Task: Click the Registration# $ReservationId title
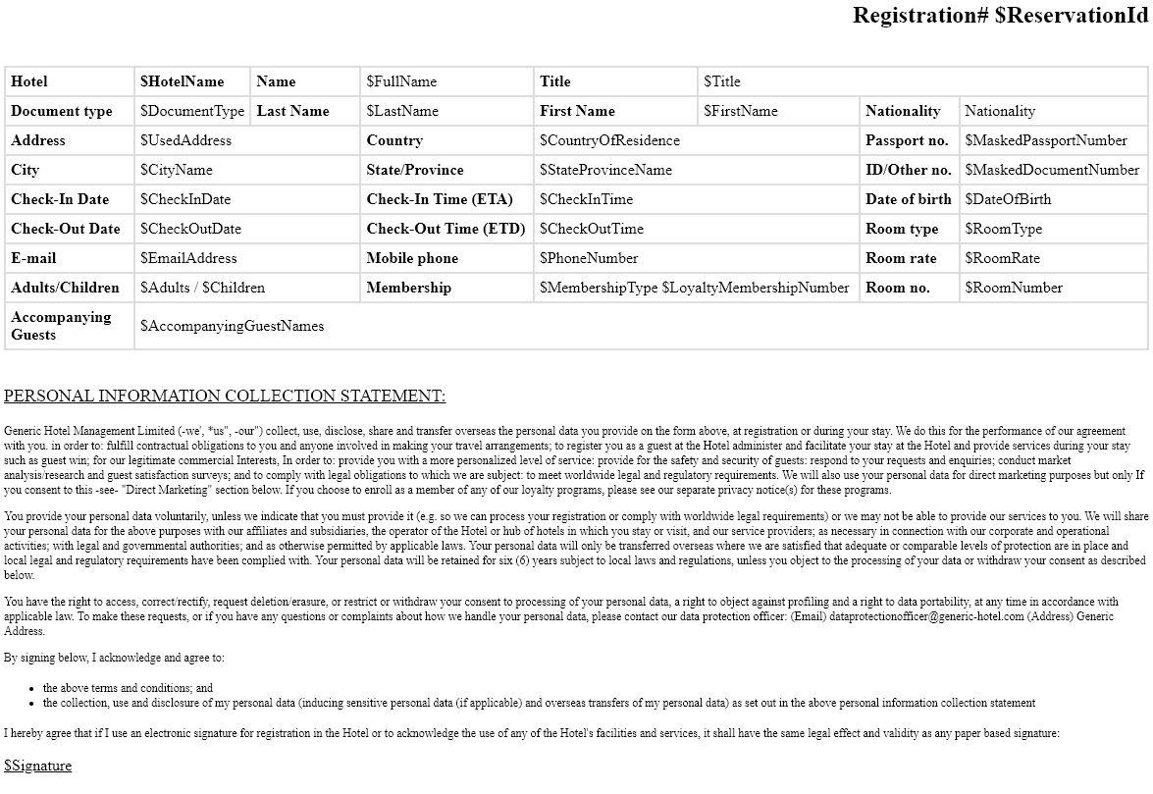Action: pyautogui.click(x=999, y=16)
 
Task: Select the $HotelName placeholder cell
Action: pyautogui.click(x=183, y=81)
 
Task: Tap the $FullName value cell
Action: pyautogui.click(x=401, y=81)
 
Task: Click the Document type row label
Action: pyautogui.click(x=62, y=111)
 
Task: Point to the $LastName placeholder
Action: pyautogui.click(x=402, y=111)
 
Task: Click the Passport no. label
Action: pyautogui.click(x=907, y=140)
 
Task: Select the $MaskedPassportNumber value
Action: pyautogui.click(x=1046, y=140)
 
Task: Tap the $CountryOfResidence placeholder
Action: pyautogui.click(x=609, y=140)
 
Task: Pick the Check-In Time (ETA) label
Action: pyautogui.click(x=440, y=199)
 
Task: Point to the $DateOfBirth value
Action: pyautogui.click(x=1008, y=199)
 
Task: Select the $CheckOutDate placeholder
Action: pyautogui.click(x=190, y=229)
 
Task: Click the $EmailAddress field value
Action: pyautogui.click(x=188, y=258)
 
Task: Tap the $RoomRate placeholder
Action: pyautogui.click(x=1002, y=258)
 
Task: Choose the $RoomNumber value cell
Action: pyautogui.click(x=1014, y=288)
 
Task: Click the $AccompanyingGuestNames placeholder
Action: pyautogui.click(x=232, y=326)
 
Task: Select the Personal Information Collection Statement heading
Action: pyautogui.click(x=225, y=397)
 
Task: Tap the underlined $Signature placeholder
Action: pyautogui.click(x=38, y=766)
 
